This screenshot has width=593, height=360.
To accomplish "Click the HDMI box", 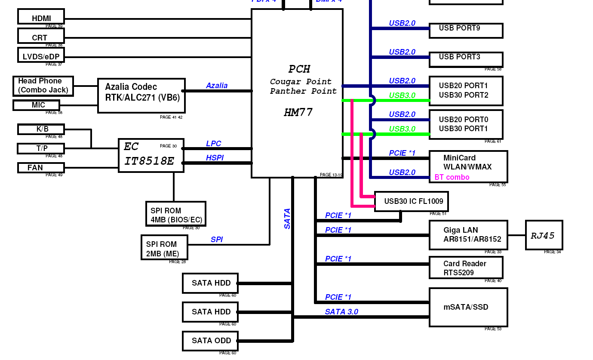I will click(41, 17).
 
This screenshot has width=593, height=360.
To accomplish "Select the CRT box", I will click(41, 36).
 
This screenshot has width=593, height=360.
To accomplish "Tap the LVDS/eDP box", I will click(41, 55).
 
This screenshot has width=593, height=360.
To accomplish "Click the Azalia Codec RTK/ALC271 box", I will click(141, 96).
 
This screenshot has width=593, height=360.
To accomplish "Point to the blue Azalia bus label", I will click(217, 86).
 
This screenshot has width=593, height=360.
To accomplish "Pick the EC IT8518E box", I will click(151, 155).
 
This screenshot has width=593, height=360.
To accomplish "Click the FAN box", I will click(41, 168).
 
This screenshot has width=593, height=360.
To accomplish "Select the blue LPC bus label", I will click(213, 144).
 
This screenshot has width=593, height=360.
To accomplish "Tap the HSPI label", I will click(215, 158).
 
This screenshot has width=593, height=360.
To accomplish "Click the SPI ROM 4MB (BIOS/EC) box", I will click(175, 214).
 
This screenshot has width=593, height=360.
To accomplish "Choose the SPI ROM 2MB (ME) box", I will click(164, 247).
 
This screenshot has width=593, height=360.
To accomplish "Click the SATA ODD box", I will click(210, 341).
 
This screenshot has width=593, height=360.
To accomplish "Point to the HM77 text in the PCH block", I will click(298, 113).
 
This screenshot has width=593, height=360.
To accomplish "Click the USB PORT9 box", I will click(466, 31).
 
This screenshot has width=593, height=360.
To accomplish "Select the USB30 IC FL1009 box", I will click(411, 201).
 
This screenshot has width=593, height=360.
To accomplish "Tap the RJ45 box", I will click(544, 235).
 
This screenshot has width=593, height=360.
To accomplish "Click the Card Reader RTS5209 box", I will click(466, 268).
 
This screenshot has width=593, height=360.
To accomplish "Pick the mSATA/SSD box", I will click(468, 307).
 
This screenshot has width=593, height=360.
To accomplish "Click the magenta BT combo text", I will click(452, 177).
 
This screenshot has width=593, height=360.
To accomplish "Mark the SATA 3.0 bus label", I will click(341, 312).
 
